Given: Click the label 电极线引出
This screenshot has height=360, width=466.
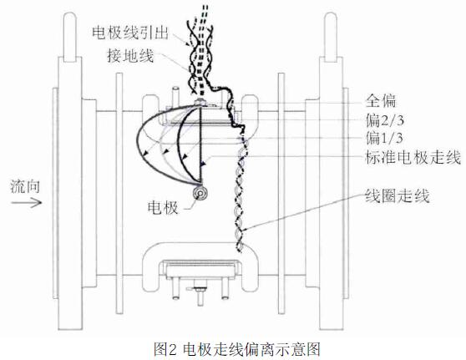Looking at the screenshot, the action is tap(130, 33).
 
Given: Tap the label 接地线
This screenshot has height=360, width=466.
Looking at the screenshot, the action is tap(130, 55).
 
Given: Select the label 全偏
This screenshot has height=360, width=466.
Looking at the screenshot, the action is tap(381, 101).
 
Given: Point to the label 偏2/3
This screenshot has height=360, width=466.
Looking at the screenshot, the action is tap(385, 120).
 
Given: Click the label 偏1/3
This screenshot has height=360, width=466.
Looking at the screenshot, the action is tap(384, 138).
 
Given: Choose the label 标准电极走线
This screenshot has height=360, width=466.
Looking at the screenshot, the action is tap(413, 157).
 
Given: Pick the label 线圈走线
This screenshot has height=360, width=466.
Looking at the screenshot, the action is tap(398, 196).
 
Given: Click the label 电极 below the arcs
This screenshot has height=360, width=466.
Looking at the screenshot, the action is tap(163, 207).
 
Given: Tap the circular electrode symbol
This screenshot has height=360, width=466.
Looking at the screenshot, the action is tap(200, 194).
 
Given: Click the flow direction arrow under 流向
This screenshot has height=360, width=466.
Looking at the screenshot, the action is tap(27, 203).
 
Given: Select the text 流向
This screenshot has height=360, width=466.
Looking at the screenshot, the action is tap(25, 186).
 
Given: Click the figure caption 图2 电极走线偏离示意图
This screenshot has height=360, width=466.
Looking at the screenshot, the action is tap(237, 349).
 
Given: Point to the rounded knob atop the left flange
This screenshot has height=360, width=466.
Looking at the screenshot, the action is tap(70, 36).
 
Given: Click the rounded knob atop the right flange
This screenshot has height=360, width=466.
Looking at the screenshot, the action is tap(330, 36).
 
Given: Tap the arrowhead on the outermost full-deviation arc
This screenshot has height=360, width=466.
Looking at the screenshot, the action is tap(145, 153).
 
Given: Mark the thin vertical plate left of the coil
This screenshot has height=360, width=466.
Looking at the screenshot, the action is tap(119, 193).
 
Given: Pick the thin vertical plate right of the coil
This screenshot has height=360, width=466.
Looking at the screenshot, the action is tap(281, 193).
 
